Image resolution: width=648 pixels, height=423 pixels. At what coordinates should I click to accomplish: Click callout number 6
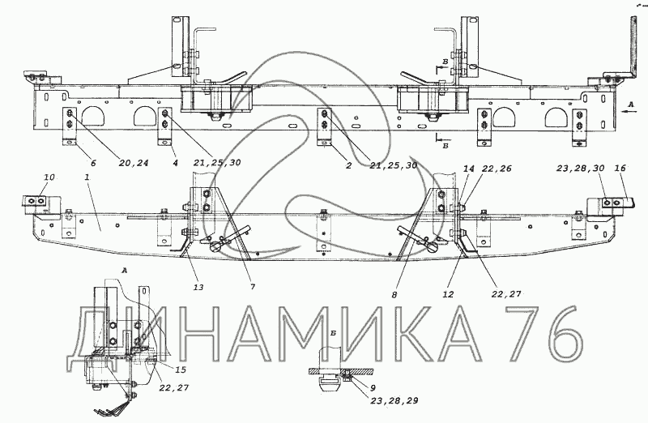click(93, 164)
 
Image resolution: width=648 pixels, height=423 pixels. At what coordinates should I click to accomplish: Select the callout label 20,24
click(133, 164)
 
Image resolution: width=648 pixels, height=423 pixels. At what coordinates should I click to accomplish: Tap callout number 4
click(175, 164)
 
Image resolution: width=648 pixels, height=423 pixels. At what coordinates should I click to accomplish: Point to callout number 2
click(348, 166)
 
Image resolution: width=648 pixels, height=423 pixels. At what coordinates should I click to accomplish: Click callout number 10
click(49, 177)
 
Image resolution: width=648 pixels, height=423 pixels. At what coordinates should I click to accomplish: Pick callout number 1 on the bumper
click(87, 177)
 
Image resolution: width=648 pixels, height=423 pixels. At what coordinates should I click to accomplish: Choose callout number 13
click(198, 287)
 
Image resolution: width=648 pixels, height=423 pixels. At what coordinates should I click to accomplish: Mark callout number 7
click(253, 287)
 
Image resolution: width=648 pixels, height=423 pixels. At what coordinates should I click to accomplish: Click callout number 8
click(394, 295)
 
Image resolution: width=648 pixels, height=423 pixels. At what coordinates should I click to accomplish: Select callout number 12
click(448, 294)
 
